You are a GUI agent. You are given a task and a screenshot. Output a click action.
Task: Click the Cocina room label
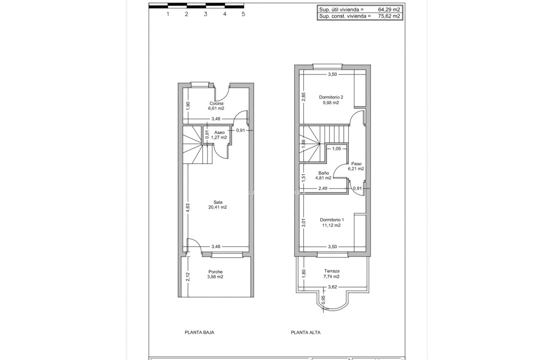216,104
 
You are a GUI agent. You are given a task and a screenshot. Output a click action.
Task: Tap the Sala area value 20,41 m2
217,207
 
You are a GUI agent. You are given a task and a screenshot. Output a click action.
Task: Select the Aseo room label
219,132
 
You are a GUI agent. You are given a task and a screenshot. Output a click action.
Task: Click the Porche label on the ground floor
215,272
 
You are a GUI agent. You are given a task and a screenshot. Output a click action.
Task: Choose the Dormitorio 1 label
332,220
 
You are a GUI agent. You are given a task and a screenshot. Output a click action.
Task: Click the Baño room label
323,173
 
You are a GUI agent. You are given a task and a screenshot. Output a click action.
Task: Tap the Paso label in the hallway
356,164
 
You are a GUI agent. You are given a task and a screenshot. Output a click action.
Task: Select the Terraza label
331,271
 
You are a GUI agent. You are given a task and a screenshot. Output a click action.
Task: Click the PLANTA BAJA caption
199,332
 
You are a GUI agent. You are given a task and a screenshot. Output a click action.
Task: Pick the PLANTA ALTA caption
305,332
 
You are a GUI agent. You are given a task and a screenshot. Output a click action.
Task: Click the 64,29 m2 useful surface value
389,9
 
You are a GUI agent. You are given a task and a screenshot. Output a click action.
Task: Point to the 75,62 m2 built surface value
389,16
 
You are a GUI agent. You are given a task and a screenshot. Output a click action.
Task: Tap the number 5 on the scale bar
243,14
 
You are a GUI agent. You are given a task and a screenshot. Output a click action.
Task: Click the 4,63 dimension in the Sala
188,208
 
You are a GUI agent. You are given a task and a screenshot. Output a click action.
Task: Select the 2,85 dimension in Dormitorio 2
304,97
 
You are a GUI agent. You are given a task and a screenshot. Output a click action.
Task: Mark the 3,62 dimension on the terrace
332,287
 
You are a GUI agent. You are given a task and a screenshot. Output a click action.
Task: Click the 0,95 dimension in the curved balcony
323,300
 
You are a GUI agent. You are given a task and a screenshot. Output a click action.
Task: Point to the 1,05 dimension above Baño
336,148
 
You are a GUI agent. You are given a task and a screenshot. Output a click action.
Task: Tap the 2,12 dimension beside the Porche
188,277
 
